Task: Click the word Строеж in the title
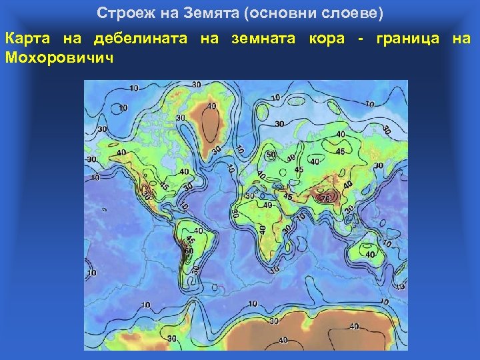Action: coord(119,13)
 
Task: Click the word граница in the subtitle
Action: coord(407,39)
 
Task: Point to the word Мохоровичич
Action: coord(59,57)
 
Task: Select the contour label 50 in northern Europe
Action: coord(271,155)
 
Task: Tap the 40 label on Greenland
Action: coord(211,106)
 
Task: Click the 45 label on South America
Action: coord(190,240)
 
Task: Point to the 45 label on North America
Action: coord(163,185)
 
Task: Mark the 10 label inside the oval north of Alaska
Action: coord(122,107)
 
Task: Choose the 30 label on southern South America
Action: coord(195,269)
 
